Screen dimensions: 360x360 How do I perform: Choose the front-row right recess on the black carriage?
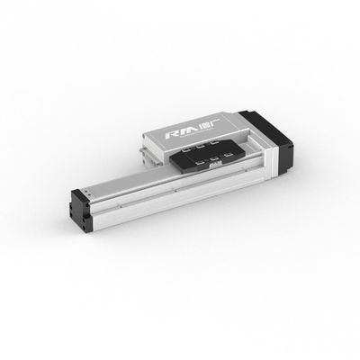tap(232, 157)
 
